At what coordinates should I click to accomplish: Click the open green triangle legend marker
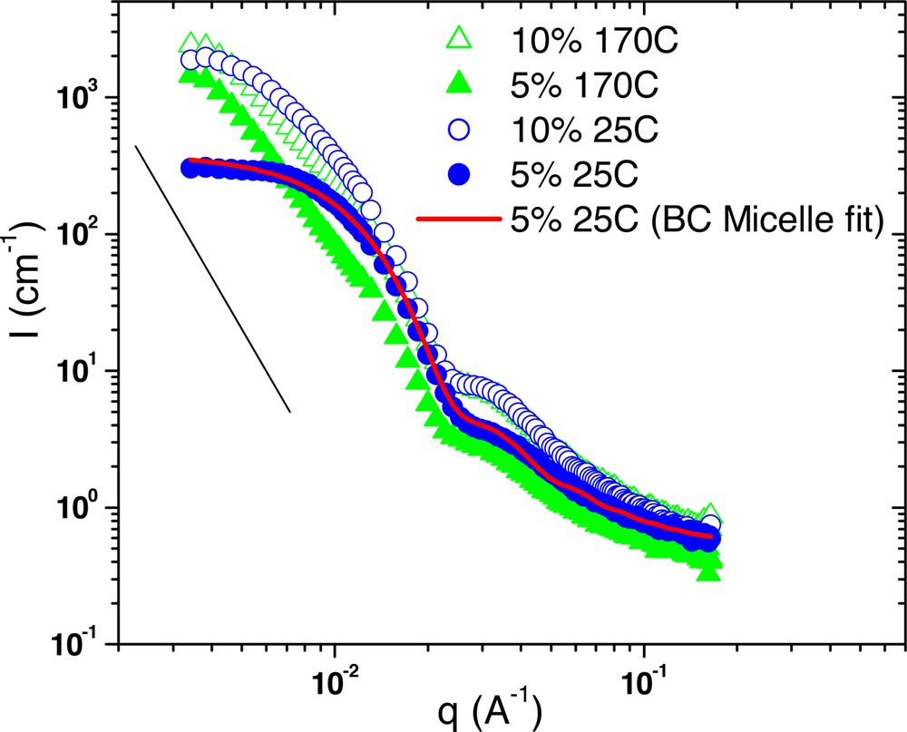point(459,42)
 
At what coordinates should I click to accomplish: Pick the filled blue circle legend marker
point(459,173)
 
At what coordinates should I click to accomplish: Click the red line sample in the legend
point(459,219)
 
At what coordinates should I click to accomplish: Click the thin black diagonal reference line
point(212,278)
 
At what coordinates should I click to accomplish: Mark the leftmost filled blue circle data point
point(190,168)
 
